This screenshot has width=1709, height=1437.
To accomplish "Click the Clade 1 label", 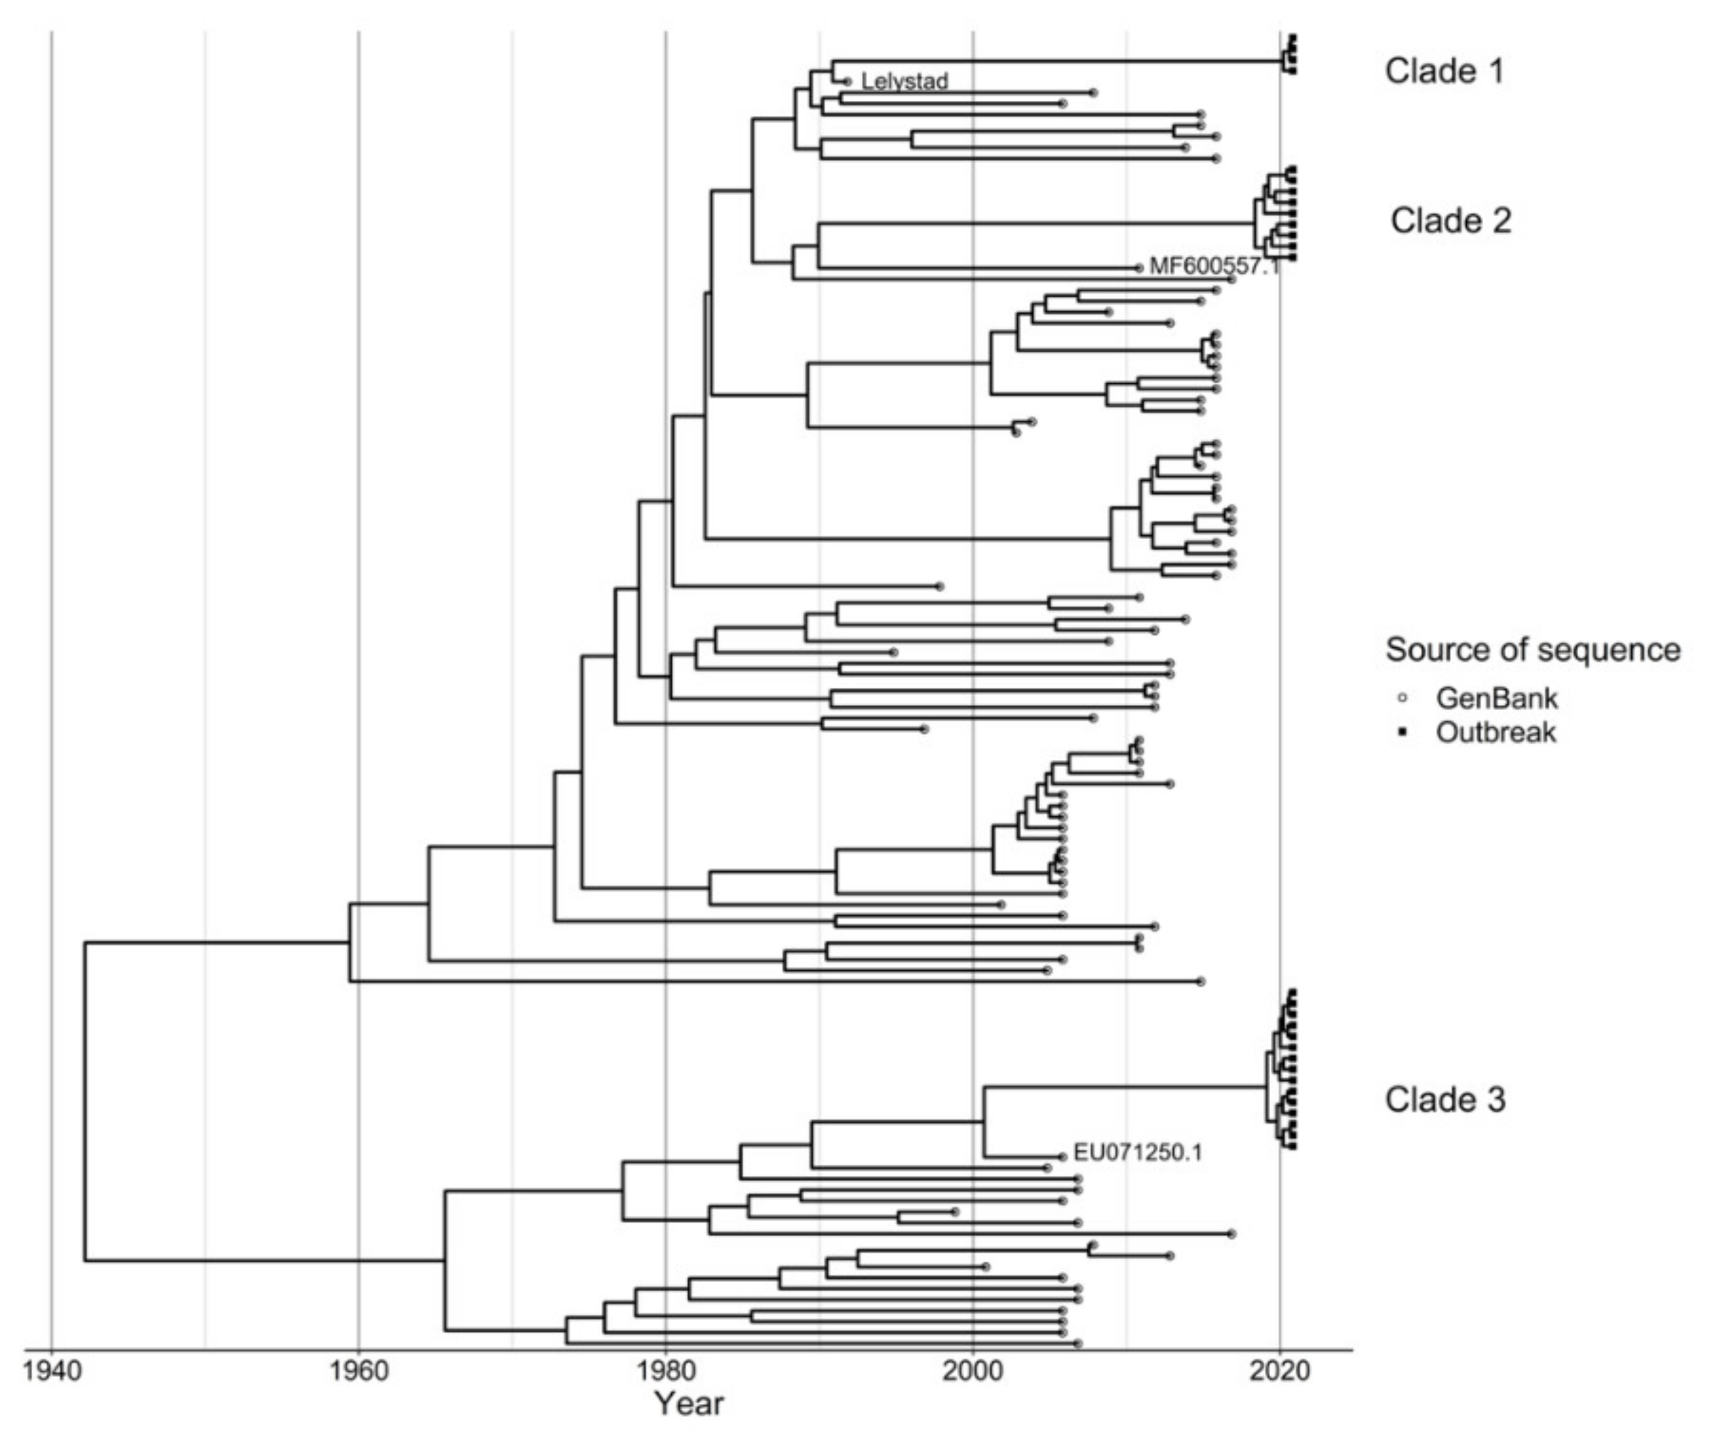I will [1445, 71].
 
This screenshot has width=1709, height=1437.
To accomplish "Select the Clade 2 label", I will [1450, 221].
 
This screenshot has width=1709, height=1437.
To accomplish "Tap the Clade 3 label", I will [1445, 1100].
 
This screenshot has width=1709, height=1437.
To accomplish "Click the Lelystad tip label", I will [904, 82].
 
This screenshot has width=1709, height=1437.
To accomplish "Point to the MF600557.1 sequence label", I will [1214, 267].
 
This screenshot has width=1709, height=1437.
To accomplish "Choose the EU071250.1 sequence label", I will [1137, 1152].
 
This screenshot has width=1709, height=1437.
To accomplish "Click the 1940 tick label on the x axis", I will [51, 1371].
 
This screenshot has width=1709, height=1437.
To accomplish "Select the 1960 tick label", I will [358, 1371].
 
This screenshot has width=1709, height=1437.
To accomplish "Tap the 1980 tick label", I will [665, 1371].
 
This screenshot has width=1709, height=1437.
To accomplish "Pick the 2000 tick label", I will [973, 1371].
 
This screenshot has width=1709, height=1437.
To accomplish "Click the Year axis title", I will [689, 1403].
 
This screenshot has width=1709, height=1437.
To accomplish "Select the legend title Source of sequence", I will [1533, 650].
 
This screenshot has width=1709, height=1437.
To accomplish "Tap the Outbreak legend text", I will [1495, 732].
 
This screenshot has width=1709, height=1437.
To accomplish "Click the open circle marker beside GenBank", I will [1402, 698].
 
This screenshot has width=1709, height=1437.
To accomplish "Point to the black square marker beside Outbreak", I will [1402, 732].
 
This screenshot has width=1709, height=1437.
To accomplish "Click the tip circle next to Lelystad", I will [848, 82].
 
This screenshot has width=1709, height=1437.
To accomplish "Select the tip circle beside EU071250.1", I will [1062, 1157].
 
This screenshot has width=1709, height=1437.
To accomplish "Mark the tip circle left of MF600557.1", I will [1139, 267].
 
